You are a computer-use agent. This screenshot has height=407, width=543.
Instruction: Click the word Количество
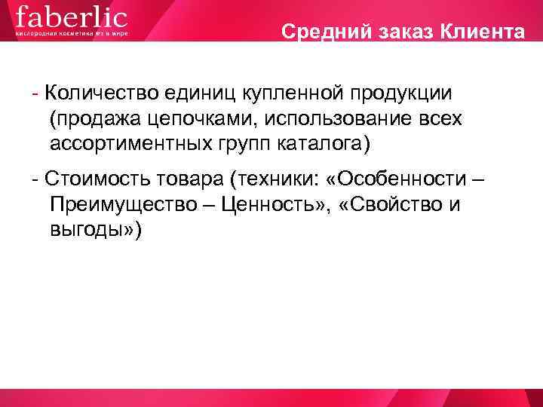tap(105, 93)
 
